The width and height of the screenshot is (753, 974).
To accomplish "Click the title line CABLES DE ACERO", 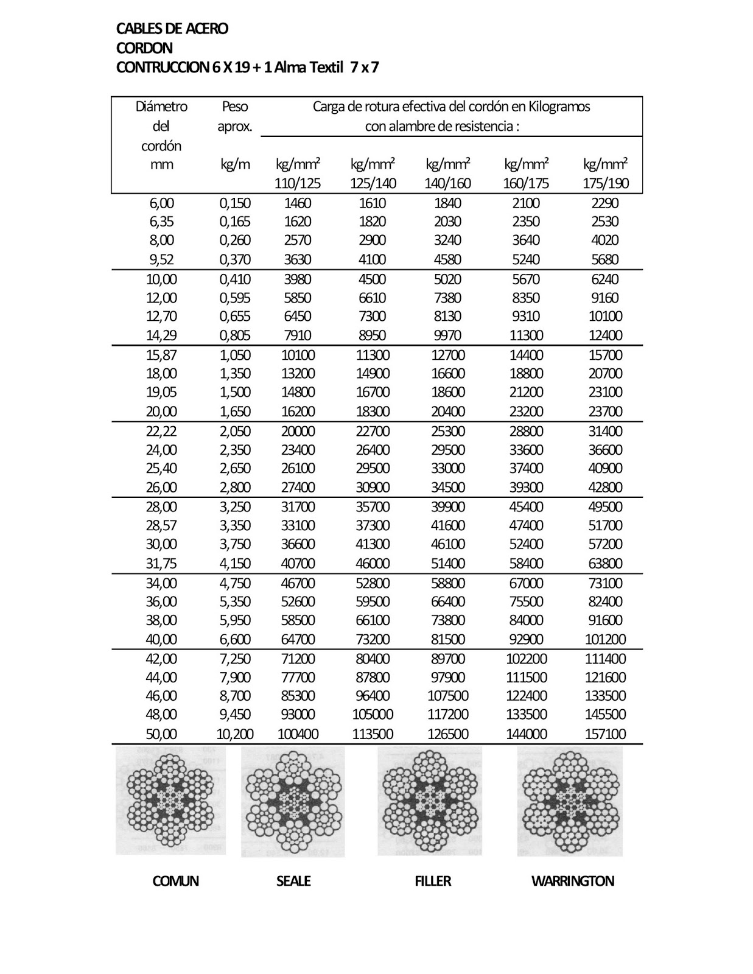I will pyautogui.click(x=172, y=29).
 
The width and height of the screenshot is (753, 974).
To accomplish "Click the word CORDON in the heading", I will pyautogui.click(x=144, y=48).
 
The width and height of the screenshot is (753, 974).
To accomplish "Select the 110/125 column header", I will pyautogui.click(x=298, y=183).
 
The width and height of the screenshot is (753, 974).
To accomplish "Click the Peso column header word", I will pyautogui.click(x=234, y=107).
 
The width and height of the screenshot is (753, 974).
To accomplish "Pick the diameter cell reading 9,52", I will pyautogui.click(x=161, y=259).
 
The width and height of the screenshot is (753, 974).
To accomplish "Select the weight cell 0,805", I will pyautogui.click(x=235, y=335).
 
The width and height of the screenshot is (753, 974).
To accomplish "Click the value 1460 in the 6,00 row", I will pyautogui.click(x=298, y=203).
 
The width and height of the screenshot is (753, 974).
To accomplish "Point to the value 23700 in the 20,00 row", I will pyautogui.click(x=605, y=412).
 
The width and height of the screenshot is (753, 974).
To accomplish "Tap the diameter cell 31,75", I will pyautogui.click(x=161, y=564).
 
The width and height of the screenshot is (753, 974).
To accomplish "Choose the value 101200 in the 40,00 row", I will pyautogui.click(x=605, y=639).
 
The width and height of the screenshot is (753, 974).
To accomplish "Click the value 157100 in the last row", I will pyautogui.click(x=605, y=734).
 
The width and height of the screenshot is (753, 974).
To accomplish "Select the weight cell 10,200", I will pyautogui.click(x=235, y=734).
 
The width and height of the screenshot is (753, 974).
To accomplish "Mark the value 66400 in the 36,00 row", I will pyautogui.click(x=448, y=601).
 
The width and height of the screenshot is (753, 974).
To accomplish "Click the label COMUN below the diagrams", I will pyautogui.click(x=175, y=881).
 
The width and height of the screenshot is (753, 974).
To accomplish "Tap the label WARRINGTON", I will pyautogui.click(x=572, y=881).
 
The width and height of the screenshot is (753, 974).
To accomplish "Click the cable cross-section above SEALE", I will pyautogui.click(x=293, y=802).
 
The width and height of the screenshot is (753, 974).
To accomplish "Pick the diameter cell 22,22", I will pyautogui.click(x=161, y=431).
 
